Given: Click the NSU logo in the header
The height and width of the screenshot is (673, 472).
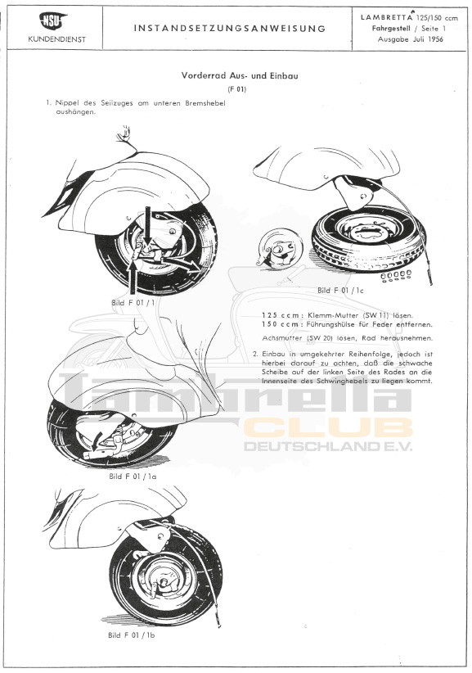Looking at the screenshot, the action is pos(53,20).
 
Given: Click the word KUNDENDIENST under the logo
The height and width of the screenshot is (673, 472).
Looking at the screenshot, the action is pos(57,39).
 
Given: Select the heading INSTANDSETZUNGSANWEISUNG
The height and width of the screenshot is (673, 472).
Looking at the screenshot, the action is pos(230,29).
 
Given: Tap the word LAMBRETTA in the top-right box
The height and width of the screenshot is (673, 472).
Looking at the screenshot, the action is pos(385,17).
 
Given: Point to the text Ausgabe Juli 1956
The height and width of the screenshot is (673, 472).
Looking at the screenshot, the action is pos(411,39).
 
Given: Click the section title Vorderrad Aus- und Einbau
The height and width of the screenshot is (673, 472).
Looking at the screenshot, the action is pos(240,76).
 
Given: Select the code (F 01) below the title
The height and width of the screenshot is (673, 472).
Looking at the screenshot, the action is pos(237,90).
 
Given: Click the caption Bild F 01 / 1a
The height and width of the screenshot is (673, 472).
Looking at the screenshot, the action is pos(133,476).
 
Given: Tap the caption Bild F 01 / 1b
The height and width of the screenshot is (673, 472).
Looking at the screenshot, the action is pos(131,635).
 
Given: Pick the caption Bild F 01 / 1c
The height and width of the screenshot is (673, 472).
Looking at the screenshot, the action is pos(340,290).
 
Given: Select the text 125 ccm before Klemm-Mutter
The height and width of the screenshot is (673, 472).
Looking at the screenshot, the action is pos(281,315).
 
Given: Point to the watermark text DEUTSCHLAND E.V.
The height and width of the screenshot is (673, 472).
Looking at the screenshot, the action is pos(328,446).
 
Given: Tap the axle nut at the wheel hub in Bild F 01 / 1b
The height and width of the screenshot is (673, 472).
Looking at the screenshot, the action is pos(164,581).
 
